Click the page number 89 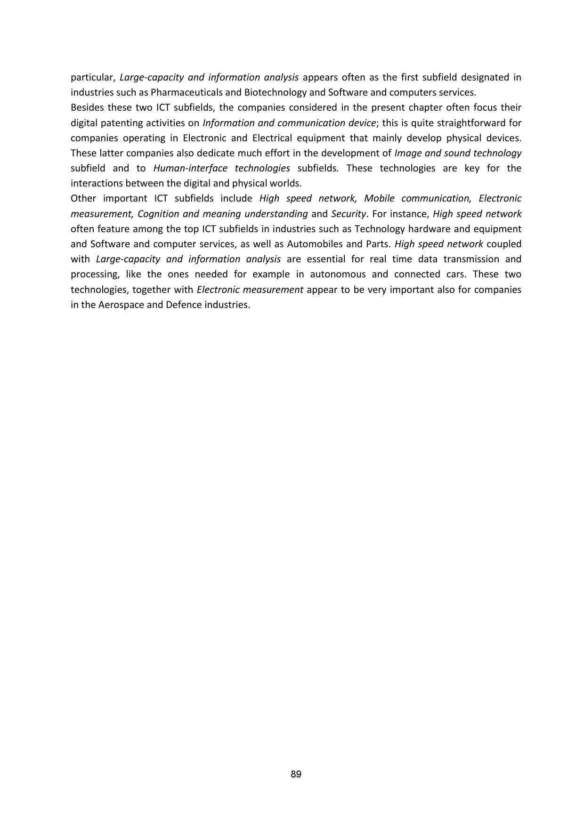point(296,774)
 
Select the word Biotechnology point(265,92)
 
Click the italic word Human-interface point(190,168)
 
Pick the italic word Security point(349,214)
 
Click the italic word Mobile point(379,198)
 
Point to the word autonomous point(338,274)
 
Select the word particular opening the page point(93,77)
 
